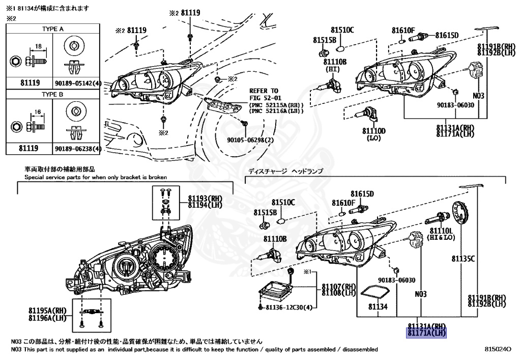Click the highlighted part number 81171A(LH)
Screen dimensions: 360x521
pos(426,334)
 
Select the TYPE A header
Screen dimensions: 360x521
pos(52,29)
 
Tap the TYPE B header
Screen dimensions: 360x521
pos(52,95)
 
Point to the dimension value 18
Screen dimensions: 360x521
pos(38,46)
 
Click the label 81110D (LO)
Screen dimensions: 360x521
pos(374,134)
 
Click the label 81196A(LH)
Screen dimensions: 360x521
pos(47,315)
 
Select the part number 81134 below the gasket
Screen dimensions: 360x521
pos(378,307)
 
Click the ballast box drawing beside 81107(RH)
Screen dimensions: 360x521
pos(276,292)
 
